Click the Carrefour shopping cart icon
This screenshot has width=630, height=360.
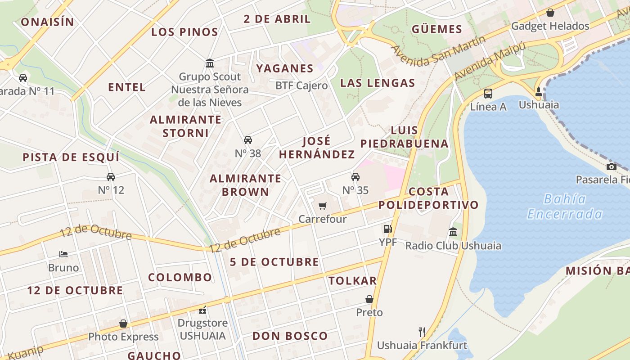click(x=322, y=206)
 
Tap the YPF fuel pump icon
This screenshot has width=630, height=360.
click(x=387, y=229)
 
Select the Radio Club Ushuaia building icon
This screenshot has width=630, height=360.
click(x=453, y=232)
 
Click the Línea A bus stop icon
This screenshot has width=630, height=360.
click(x=488, y=94)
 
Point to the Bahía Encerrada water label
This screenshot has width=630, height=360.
click(x=565, y=206)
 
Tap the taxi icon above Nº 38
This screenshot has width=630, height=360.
click(x=248, y=140)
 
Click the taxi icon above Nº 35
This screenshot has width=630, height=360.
click(x=355, y=176)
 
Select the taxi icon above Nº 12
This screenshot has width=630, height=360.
click(x=111, y=176)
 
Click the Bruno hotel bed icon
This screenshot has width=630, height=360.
click(x=63, y=254)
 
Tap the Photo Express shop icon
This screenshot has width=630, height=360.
click(x=123, y=324)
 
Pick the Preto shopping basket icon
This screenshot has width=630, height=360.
click(x=369, y=299)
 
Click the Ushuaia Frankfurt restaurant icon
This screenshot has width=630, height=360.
click(x=422, y=332)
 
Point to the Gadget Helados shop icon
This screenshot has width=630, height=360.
click(x=550, y=13)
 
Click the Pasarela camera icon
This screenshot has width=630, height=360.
click(x=611, y=166)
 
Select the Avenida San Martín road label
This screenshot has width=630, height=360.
click(x=438, y=51)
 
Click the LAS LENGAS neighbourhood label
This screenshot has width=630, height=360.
click(x=378, y=83)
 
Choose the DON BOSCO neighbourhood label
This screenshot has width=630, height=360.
click(x=290, y=336)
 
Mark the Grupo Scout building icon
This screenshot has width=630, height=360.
click(x=210, y=63)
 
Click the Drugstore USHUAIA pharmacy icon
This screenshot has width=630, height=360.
click(x=202, y=310)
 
